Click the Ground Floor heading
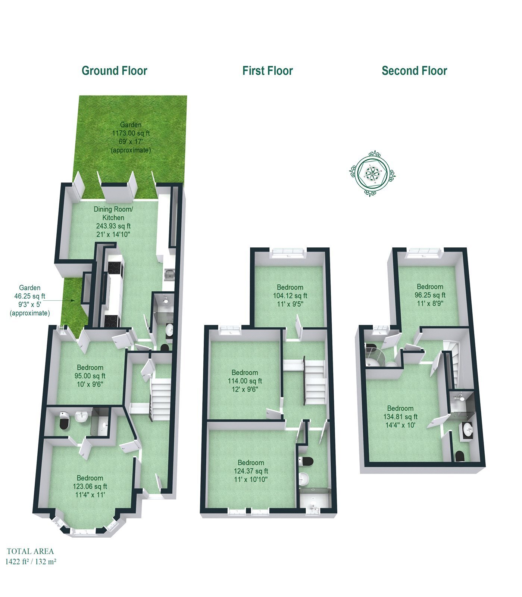click(114, 71)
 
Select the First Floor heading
click(268, 71)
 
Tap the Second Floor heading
click(414, 71)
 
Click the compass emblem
click(372, 174)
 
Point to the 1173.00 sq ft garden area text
click(131, 133)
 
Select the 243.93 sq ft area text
click(113, 226)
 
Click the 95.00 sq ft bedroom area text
click(90, 376)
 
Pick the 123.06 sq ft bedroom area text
click(90, 486)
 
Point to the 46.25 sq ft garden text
click(29, 296)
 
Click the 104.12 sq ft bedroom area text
click(290, 296)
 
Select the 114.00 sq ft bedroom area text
click(245, 381)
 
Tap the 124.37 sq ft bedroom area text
click(251, 471)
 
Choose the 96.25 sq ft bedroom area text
click(430, 295)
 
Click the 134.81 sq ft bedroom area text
click(400, 417)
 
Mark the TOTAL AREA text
click(30, 551)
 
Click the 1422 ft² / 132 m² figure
click(31, 561)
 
